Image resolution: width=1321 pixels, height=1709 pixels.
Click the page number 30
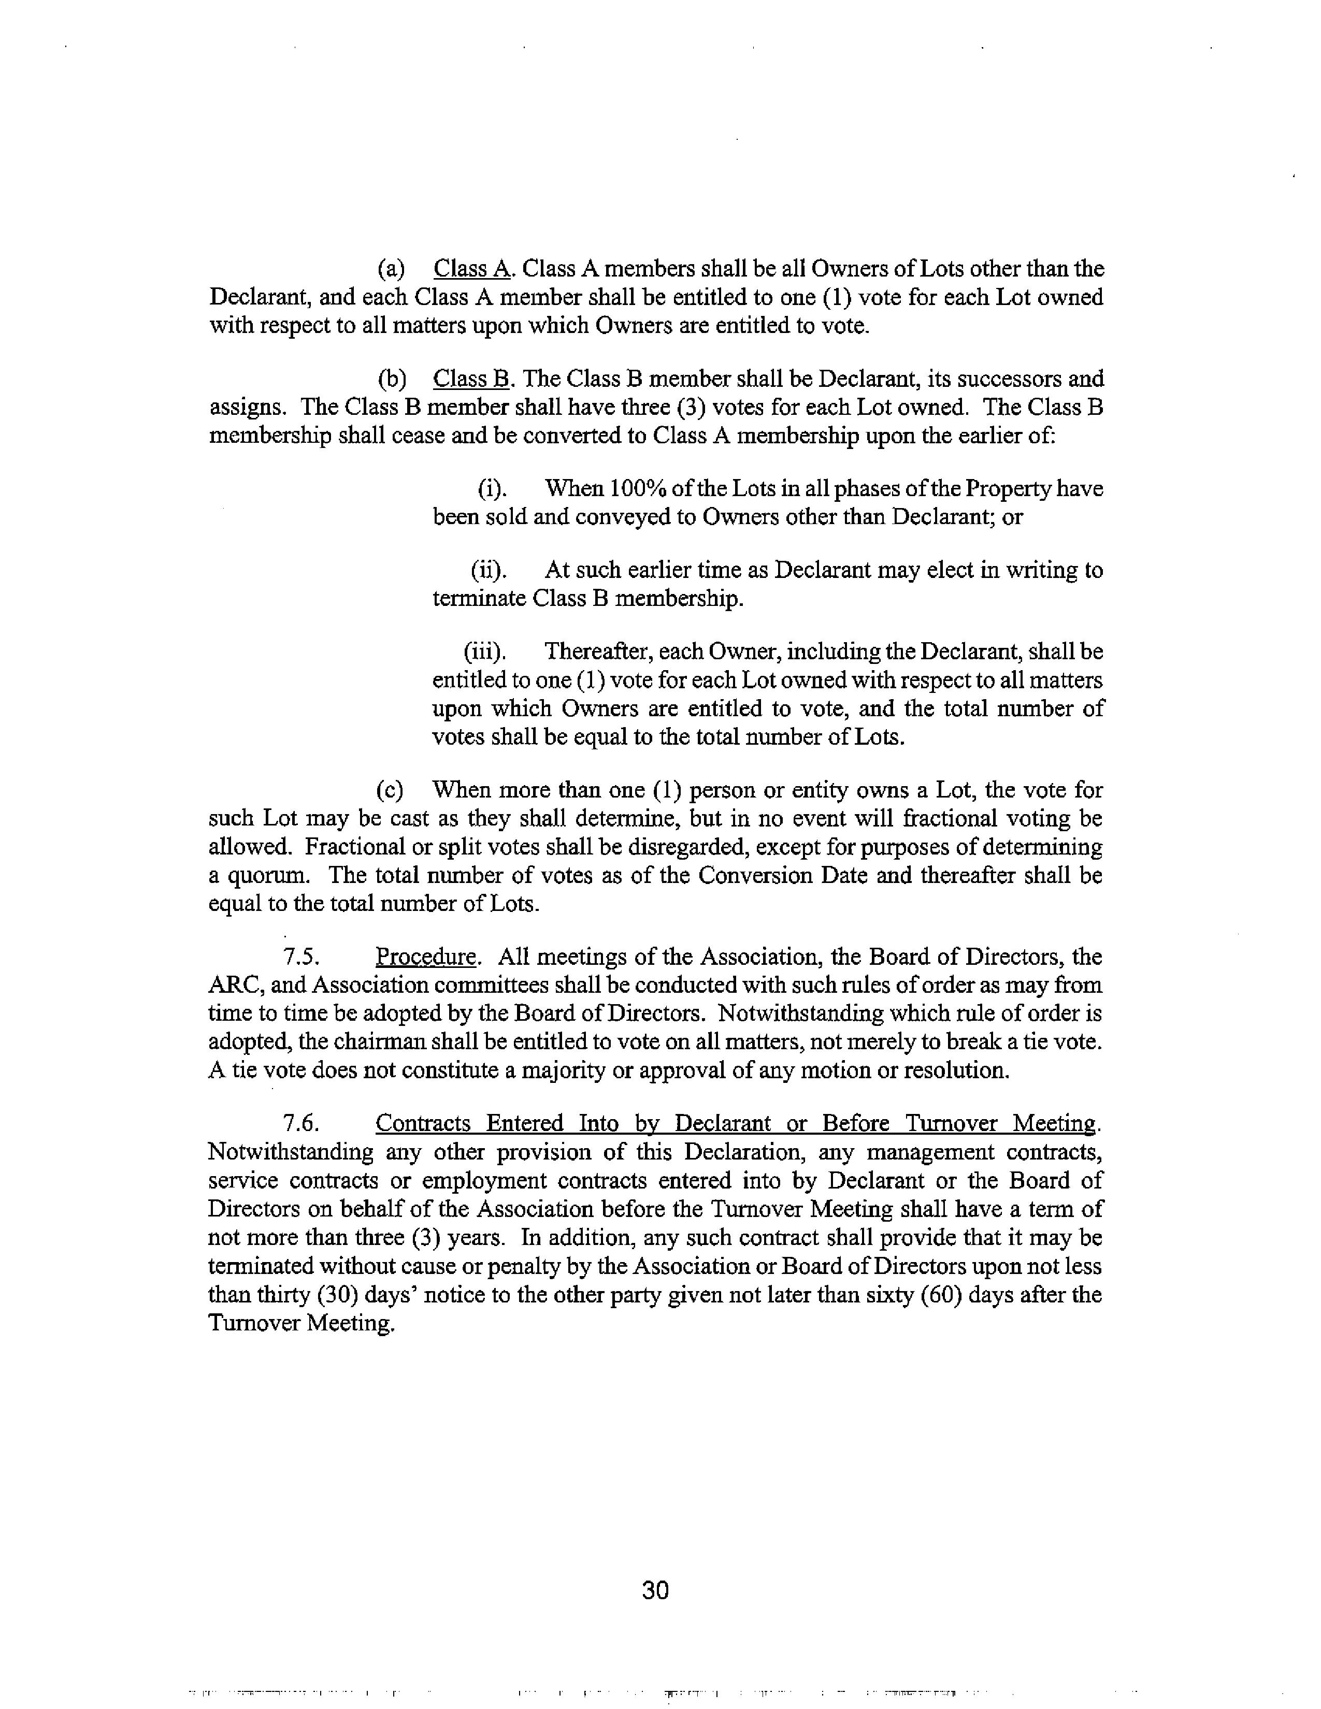654,1589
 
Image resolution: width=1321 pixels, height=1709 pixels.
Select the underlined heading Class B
471,379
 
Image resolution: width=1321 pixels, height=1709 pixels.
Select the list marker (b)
391,379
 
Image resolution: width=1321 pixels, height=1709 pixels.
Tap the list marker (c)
391,790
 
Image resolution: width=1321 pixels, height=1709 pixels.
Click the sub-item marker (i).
492,488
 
